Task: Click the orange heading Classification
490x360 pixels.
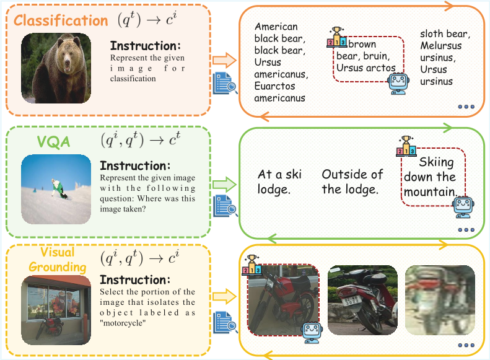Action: pos(61,20)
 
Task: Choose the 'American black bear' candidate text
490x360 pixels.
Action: pos(280,62)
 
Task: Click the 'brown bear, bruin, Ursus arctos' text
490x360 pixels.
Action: pos(365,56)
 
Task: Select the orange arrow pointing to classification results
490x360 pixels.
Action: pos(225,60)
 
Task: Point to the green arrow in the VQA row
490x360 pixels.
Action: pos(225,184)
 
